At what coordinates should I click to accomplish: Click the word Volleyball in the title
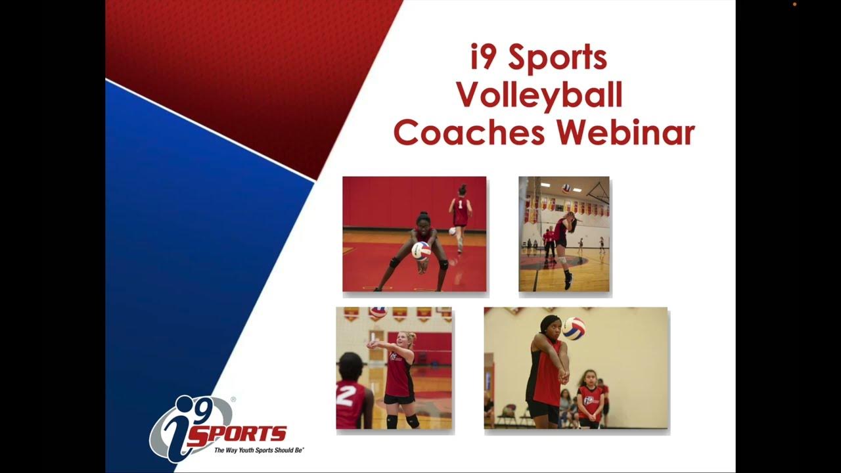(539, 96)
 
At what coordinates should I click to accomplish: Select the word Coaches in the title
(468, 133)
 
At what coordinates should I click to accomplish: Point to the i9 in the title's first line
(485, 58)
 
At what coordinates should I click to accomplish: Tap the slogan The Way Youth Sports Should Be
(259, 450)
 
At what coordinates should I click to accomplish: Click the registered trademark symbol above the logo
(233, 399)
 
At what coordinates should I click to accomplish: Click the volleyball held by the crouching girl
(420, 250)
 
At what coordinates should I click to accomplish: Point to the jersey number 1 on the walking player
(461, 204)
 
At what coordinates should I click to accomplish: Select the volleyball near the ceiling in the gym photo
(566, 188)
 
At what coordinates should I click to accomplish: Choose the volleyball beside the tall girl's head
(574, 328)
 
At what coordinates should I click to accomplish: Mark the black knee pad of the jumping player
(562, 260)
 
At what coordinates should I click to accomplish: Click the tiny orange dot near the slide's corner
(794, 4)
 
